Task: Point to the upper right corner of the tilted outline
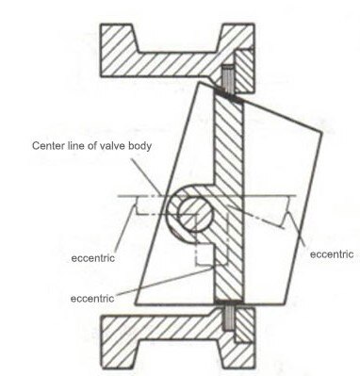point(336,132)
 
